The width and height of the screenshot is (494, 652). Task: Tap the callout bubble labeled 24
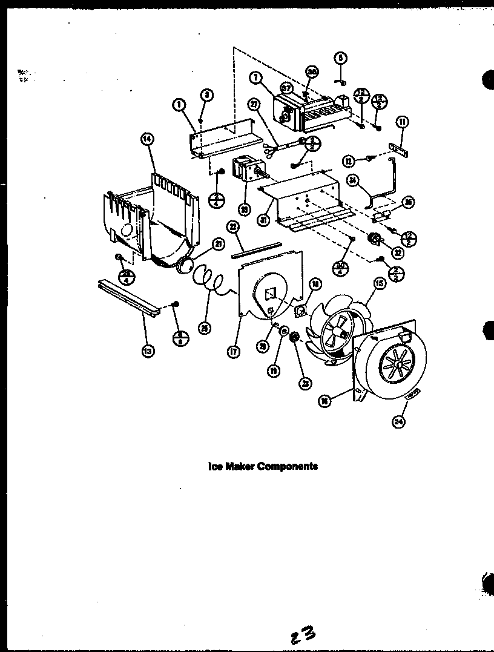(x=398, y=422)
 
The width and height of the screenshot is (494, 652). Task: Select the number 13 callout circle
(x=147, y=350)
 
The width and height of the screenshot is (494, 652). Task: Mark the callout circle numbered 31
(x=263, y=220)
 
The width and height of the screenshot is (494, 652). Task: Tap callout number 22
(x=232, y=226)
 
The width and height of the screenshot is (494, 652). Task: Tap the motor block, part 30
(x=246, y=171)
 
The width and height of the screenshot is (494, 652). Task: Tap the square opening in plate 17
(x=271, y=293)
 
